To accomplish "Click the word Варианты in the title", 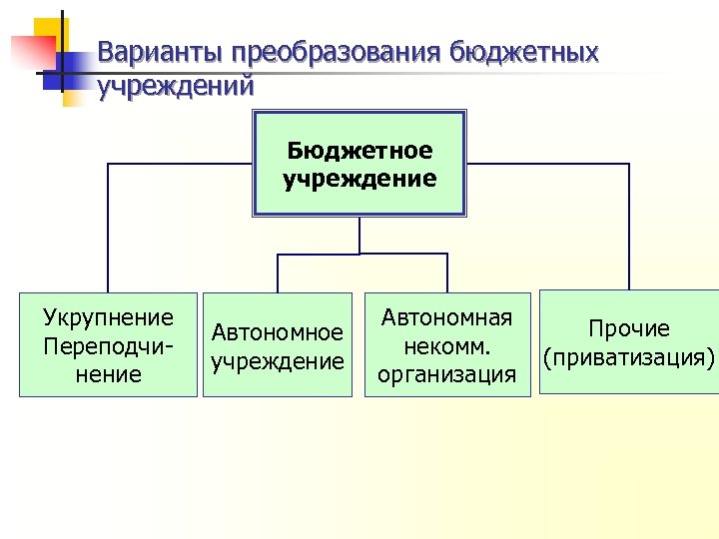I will tap(161, 54).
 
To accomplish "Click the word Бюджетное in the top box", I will tap(359, 151).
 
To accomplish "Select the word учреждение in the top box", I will tap(359, 180).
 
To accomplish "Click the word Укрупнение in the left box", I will tap(108, 317).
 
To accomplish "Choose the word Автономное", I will tap(278, 332).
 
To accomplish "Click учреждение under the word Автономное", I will tap(278, 360).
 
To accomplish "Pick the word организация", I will tap(446, 374).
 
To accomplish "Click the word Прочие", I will tap(629, 328).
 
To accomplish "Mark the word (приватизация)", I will tap(629, 356).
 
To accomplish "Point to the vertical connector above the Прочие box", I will tap(629, 225).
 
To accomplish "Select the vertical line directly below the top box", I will tap(359, 236).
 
